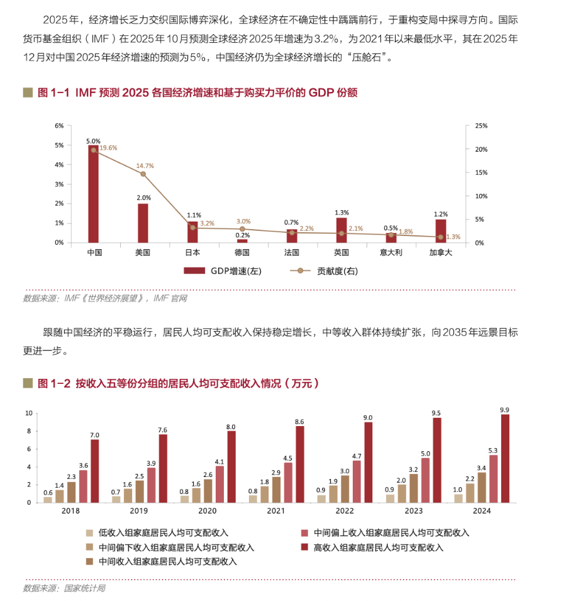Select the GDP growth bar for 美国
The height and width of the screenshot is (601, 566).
coord(143,223)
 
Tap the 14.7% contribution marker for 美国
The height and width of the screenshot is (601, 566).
coord(143,174)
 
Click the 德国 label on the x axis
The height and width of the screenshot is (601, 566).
coord(242,252)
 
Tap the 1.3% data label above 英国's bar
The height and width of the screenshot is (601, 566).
coord(341,212)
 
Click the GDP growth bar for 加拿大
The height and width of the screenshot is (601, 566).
coord(441,230)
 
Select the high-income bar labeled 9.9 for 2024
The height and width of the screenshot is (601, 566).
coord(505,458)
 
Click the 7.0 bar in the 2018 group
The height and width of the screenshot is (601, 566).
coord(95,471)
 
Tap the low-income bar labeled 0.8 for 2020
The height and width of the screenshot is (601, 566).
coord(184,498)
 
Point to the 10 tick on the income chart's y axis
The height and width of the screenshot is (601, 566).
coord(28,413)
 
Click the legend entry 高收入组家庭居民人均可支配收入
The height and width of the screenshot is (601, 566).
coord(373,548)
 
